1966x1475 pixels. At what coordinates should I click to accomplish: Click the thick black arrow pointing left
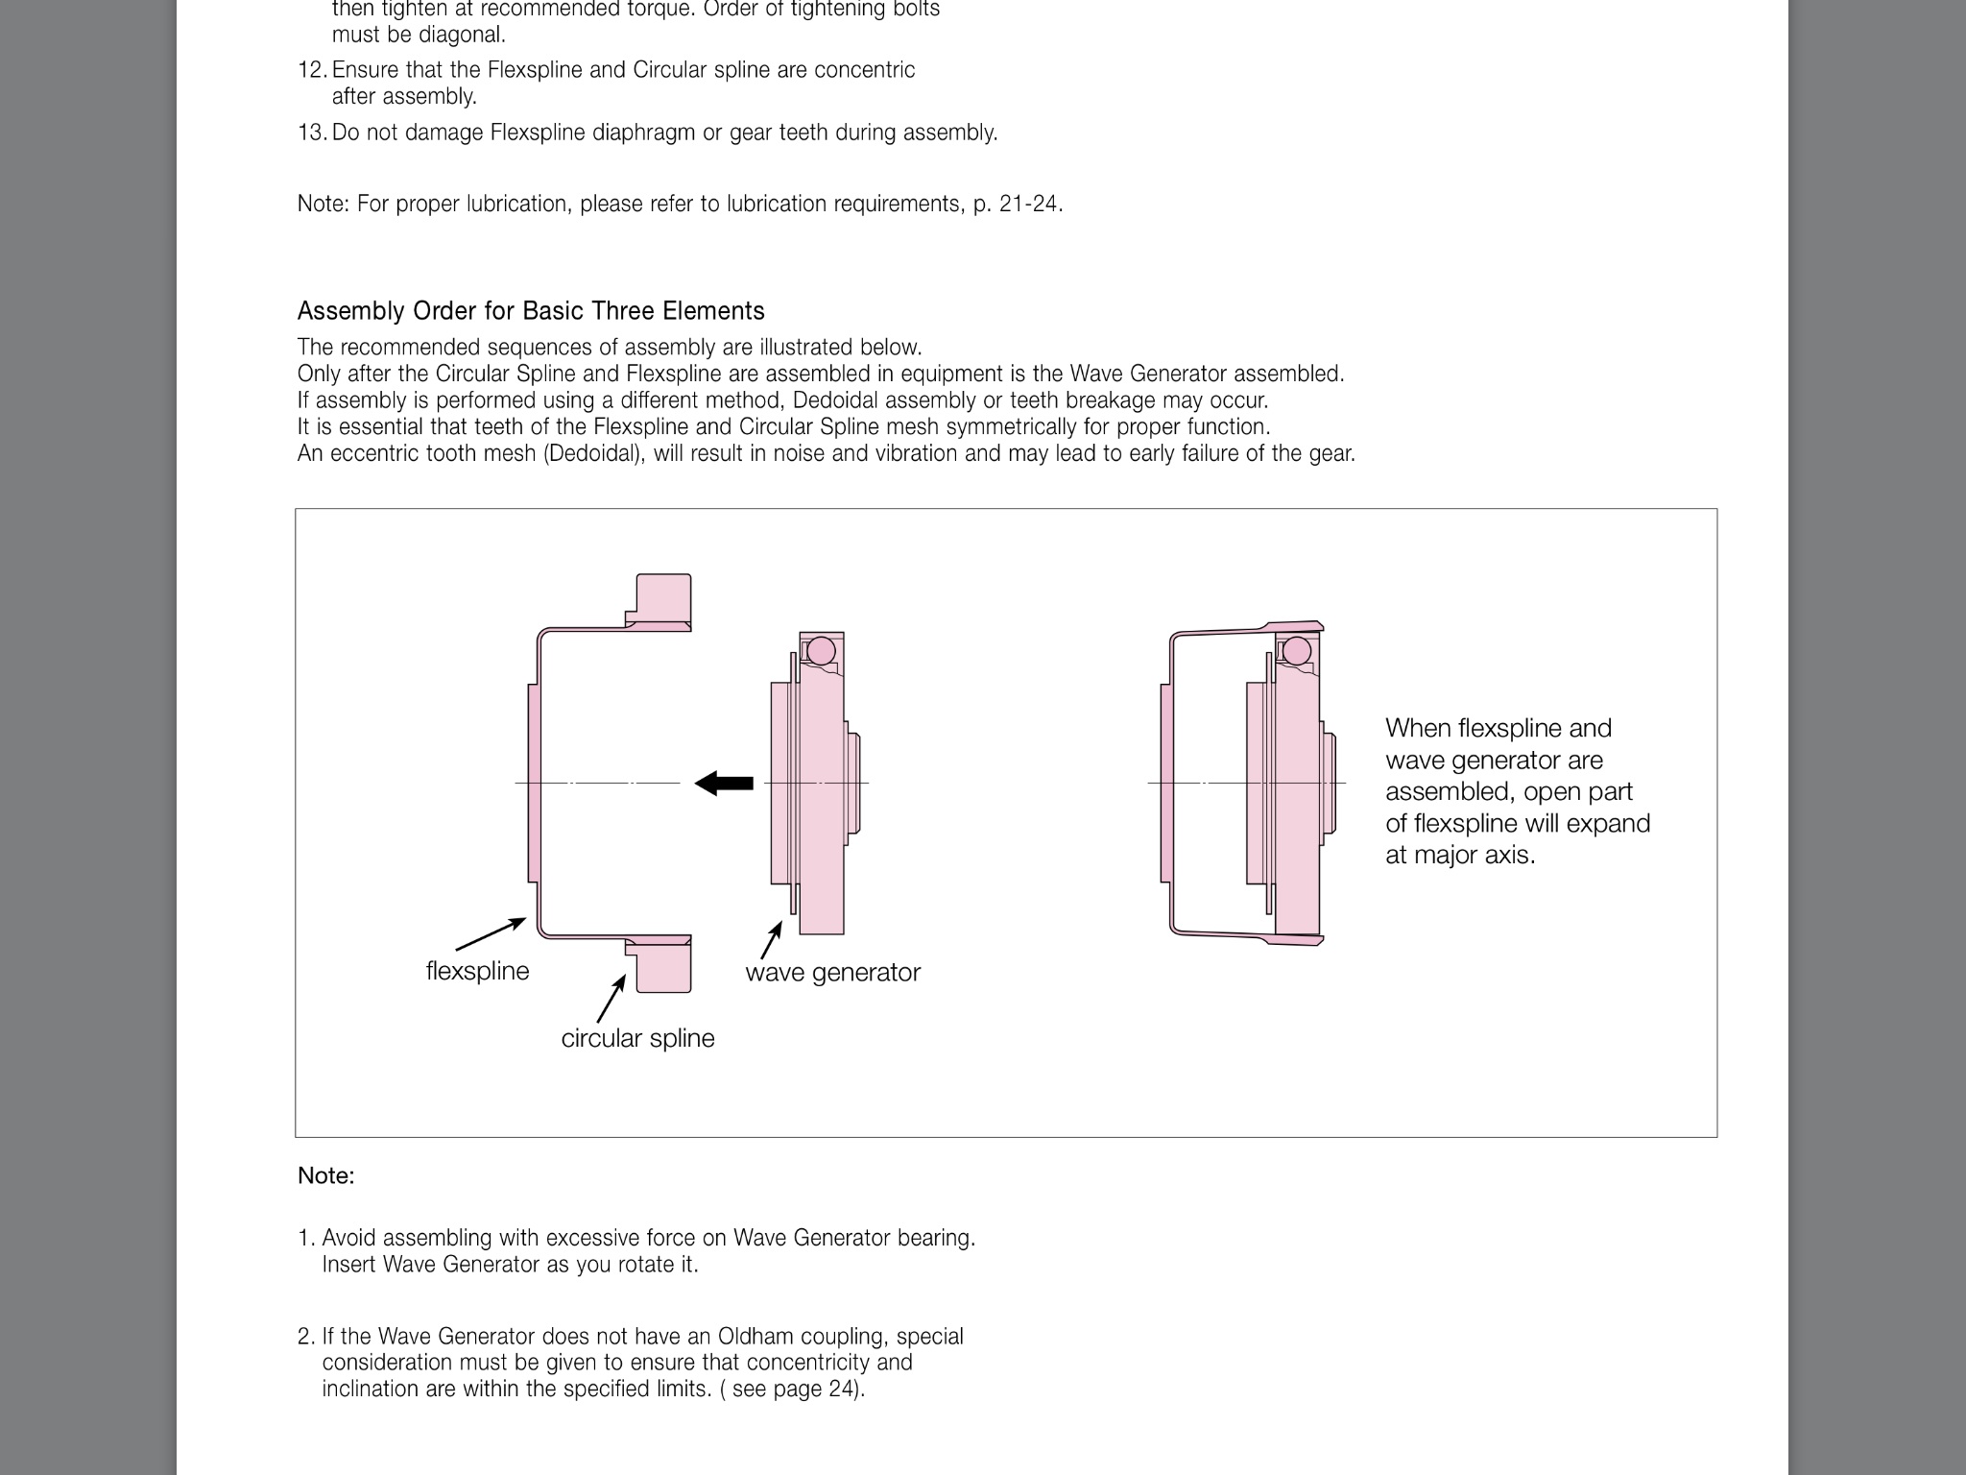[724, 783]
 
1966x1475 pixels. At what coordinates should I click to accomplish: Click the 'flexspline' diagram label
[477, 971]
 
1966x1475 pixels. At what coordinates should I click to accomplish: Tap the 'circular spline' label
[637, 1038]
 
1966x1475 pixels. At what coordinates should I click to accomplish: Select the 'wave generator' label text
[832, 972]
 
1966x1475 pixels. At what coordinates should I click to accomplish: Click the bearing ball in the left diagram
[821, 651]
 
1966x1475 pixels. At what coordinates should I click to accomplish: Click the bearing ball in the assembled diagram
[1297, 651]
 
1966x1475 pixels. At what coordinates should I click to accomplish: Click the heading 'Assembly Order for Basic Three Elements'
[531, 311]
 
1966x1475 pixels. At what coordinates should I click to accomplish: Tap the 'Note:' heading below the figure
[325, 1175]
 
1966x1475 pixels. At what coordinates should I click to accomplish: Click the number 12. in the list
[312, 70]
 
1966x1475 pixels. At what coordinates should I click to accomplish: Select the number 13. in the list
[312, 133]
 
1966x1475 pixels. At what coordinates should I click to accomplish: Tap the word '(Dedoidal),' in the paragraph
[594, 453]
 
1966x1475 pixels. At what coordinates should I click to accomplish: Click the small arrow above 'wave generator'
[771, 940]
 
